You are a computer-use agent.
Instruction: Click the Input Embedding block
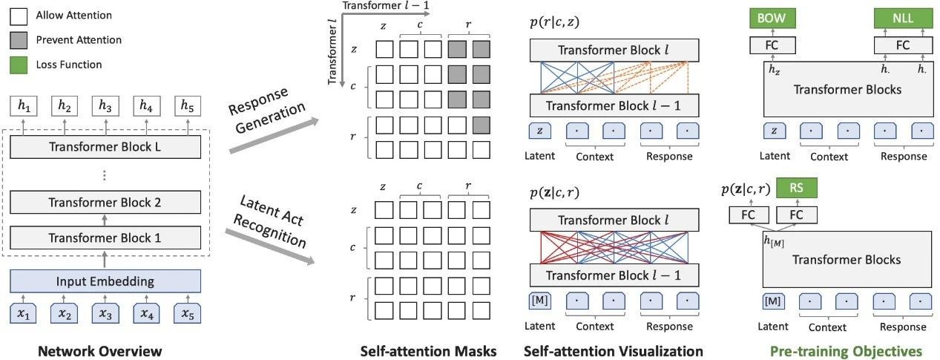click(x=105, y=281)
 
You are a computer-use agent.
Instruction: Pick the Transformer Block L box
click(x=105, y=145)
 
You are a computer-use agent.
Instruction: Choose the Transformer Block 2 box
click(x=105, y=202)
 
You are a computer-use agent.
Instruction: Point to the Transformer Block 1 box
click(x=105, y=238)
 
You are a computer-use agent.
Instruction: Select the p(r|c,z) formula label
click(x=555, y=22)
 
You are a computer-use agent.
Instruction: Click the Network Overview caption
click(x=105, y=350)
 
